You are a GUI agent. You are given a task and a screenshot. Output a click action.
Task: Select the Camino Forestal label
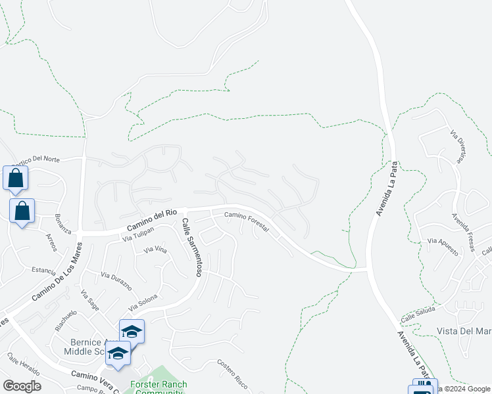247,220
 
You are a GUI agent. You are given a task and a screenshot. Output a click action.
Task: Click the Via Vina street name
155,250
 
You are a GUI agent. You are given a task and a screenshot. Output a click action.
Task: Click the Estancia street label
45,269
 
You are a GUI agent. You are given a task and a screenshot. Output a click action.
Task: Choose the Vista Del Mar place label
464,331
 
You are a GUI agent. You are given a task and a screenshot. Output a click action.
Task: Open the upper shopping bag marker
15,179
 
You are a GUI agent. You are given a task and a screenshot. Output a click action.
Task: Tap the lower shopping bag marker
22,211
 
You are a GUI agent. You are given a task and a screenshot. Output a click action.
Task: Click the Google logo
22,385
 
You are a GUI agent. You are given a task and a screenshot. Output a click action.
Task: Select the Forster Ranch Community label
159,388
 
